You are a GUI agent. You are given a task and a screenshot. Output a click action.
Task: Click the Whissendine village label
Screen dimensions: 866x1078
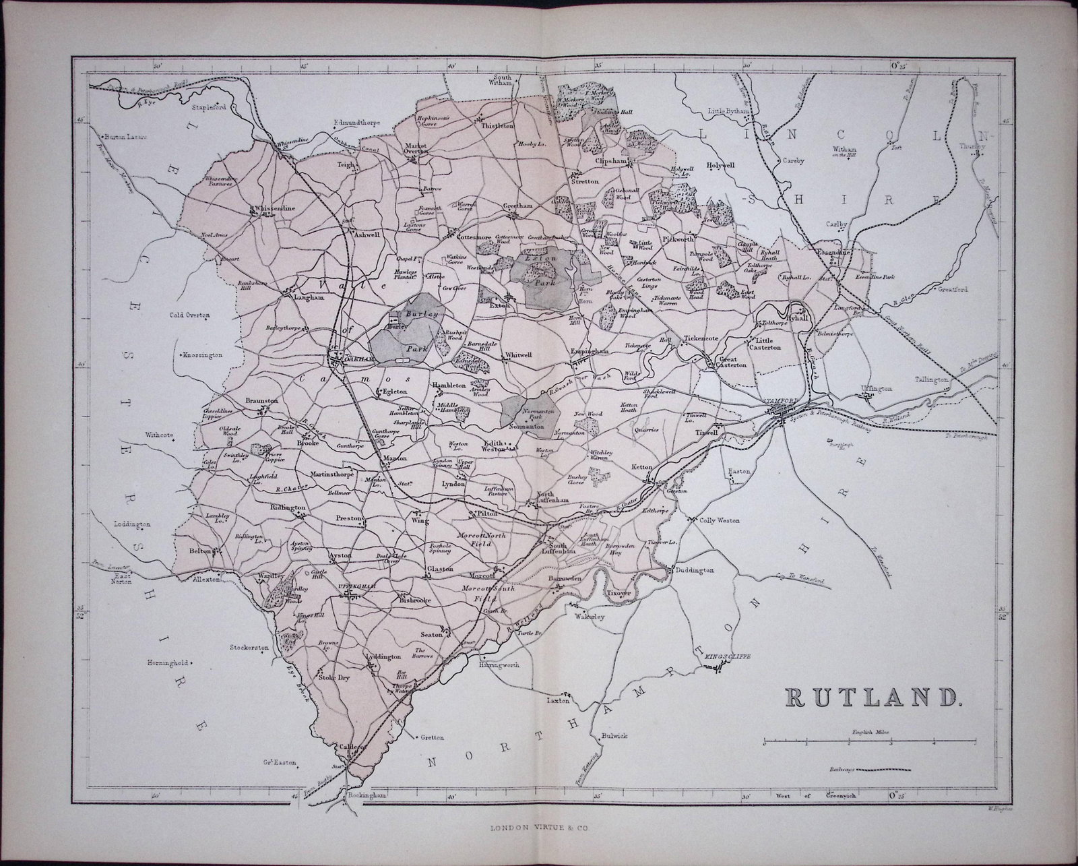(274, 209)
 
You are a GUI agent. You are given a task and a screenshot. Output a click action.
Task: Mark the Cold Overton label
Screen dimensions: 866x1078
(190, 315)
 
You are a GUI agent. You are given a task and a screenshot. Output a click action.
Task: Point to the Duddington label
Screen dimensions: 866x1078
(694, 570)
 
